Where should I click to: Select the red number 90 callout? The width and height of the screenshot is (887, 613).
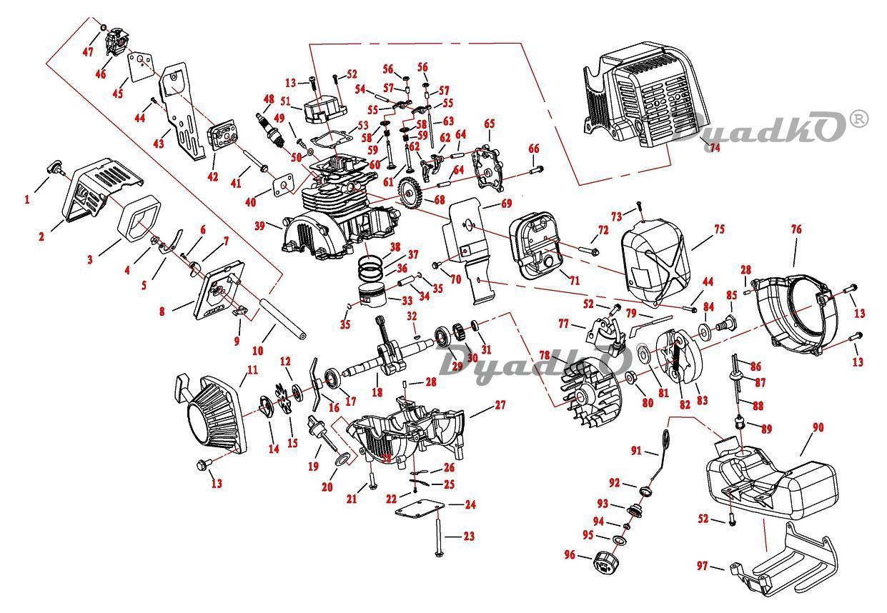(818, 427)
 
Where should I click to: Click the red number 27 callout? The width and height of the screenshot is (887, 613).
(500, 405)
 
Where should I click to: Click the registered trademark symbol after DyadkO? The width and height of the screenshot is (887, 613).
(858, 119)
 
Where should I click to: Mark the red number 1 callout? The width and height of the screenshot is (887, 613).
(27, 200)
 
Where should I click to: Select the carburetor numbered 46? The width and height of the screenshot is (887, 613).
(117, 45)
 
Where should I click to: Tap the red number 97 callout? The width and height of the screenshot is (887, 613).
(703, 566)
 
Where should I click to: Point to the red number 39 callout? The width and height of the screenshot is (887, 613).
(260, 225)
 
